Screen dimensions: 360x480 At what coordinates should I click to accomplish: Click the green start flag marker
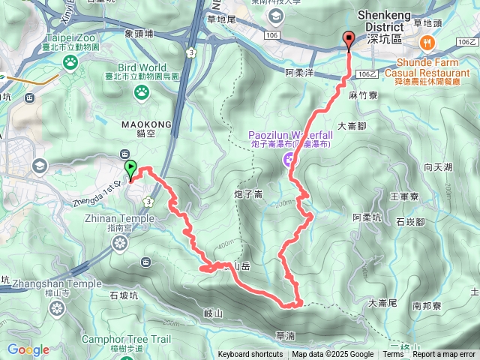click(131, 169)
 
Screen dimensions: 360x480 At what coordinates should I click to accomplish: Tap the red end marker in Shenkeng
click(348, 39)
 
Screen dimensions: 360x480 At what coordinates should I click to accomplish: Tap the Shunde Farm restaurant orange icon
click(427, 40)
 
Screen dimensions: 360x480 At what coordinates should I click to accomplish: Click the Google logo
click(28, 349)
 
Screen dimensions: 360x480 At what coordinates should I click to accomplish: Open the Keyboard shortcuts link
click(250, 355)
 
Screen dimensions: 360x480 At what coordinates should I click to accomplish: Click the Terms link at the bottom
click(393, 355)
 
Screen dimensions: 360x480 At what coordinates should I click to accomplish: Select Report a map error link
click(445, 355)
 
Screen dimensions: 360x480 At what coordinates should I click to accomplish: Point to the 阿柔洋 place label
click(300, 73)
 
